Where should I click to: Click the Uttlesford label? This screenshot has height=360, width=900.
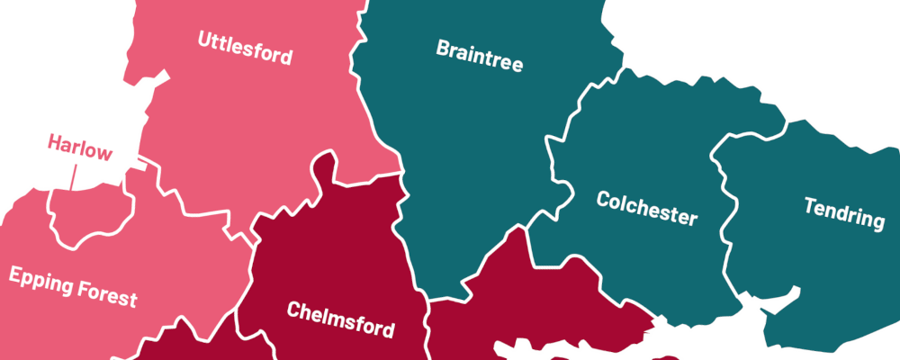(245, 48)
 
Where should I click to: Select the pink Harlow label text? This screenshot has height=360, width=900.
(80, 147)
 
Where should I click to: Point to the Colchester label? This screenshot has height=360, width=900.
(646, 208)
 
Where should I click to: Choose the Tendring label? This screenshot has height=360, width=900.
(843, 212)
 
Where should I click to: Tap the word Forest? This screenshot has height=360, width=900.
(106, 292)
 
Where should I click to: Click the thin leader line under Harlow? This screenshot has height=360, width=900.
(72, 176)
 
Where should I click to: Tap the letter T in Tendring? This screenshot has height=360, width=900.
(810, 205)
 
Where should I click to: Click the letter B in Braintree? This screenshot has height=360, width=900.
(443, 47)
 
